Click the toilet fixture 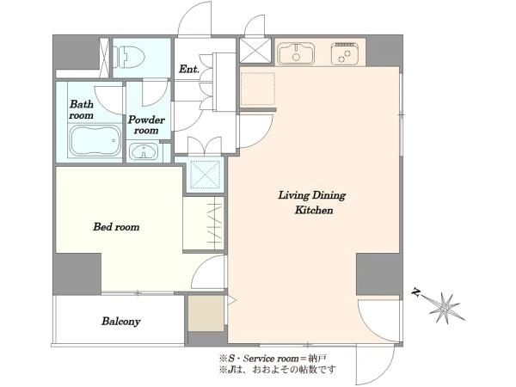[129, 58]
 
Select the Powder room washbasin [144, 151]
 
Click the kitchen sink [296, 53]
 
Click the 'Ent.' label [189, 69]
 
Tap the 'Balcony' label [120, 321]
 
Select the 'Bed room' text [116, 227]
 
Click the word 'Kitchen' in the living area [314, 210]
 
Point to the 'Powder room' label [146, 125]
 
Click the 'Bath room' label [82, 109]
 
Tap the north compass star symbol [445, 309]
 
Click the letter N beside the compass [417, 292]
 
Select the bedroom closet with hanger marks [204, 224]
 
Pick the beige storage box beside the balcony [206, 313]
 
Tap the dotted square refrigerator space [258, 89]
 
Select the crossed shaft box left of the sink [255, 51]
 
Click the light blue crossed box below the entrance [205, 175]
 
